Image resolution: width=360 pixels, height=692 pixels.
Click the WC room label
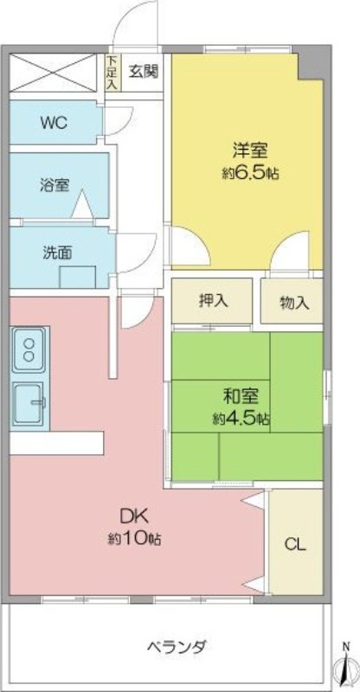point(54,122)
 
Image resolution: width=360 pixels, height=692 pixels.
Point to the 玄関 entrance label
point(144,71)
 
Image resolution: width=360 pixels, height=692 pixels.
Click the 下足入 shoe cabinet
point(112,73)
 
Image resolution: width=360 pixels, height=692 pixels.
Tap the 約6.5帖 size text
point(250,173)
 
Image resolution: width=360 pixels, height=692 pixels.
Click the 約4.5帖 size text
point(241,419)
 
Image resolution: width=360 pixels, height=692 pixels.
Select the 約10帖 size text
point(134,539)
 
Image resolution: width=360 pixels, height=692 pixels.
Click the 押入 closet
point(212,301)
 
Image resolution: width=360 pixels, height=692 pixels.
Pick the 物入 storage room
point(292,301)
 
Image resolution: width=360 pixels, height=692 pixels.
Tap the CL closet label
point(295,544)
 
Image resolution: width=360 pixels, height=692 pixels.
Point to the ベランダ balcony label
point(177,647)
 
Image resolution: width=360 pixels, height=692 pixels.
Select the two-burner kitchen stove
point(29,349)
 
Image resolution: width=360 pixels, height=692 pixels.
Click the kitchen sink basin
point(29,404)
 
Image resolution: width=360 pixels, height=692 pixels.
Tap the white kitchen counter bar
point(56,443)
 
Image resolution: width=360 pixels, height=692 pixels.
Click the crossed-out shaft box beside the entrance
point(53,73)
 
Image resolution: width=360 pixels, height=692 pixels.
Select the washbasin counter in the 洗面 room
point(78,277)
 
